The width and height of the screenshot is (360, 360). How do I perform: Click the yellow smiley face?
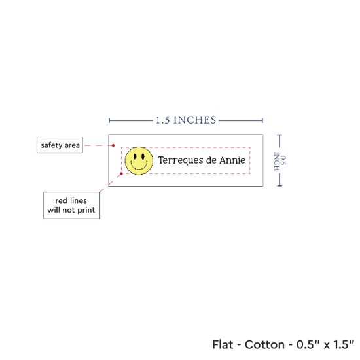tap(139, 161)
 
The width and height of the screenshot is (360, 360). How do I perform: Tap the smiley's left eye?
tap(135, 156)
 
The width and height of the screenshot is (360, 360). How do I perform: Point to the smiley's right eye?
tap(143, 156)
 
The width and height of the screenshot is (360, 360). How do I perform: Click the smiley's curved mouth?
tap(139, 166)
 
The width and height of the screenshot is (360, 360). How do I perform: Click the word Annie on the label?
tap(232, 160)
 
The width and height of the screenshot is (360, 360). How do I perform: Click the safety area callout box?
tap(60, 145)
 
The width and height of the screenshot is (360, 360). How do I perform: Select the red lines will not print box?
tap(71, 206)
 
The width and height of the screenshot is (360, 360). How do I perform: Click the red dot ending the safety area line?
tap(113, 145)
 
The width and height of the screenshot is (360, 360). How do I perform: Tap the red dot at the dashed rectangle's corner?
tap(122, 174)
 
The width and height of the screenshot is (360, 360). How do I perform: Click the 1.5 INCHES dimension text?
tap(186, 120)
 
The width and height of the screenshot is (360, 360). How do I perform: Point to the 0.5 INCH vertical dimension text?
tap(280, 161)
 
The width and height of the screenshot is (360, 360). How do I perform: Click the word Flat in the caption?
tap(223, 344)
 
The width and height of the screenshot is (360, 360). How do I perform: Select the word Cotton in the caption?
tap(264, 344)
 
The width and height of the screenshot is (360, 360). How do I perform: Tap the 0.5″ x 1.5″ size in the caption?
tap(325, 344)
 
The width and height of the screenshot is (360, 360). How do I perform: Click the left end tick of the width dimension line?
tap(109, 120)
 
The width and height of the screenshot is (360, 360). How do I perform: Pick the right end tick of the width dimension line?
tap(262, 120)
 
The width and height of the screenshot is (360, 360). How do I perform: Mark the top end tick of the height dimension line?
tap(279, 135)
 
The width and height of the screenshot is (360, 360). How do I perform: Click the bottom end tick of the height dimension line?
tap(279, 185)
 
